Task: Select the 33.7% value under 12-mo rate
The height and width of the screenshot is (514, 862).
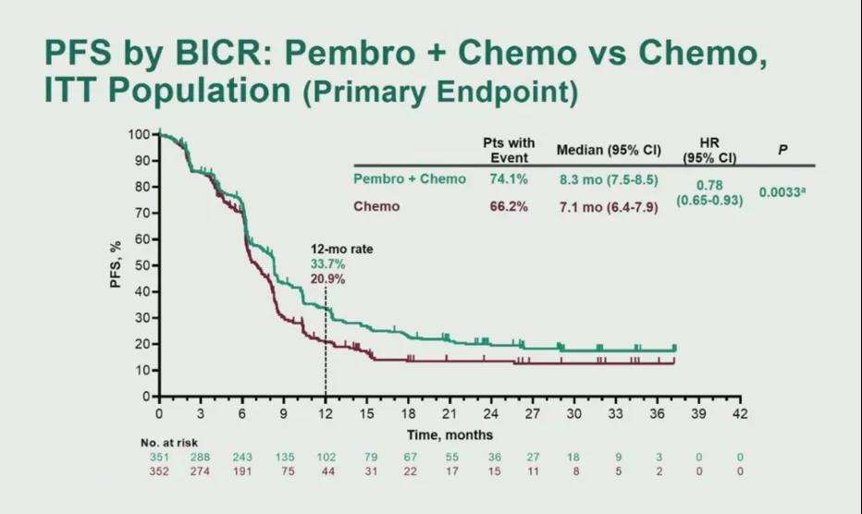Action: click(326, 264)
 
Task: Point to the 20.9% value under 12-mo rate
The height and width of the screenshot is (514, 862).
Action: click(326, 278)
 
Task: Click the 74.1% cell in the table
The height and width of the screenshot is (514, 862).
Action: click(509, 179)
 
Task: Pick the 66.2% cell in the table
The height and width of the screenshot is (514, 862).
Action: click(509, 206)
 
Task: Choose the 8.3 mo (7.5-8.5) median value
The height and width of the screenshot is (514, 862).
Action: click(607, 179)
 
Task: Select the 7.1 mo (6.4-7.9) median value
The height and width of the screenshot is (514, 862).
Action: click(607, 207)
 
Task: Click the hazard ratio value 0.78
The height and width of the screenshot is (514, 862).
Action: click(709, 185)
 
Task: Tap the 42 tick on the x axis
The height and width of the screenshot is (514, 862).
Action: click(738, 413)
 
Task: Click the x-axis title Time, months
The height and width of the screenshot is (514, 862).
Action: click(449, 434)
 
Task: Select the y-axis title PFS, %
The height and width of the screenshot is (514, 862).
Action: click(117, 264)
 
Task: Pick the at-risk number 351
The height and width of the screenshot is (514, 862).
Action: click(159, 457)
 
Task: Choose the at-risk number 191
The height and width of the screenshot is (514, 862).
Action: click(242, 471)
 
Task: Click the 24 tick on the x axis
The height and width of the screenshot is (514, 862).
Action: click(491, 413)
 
